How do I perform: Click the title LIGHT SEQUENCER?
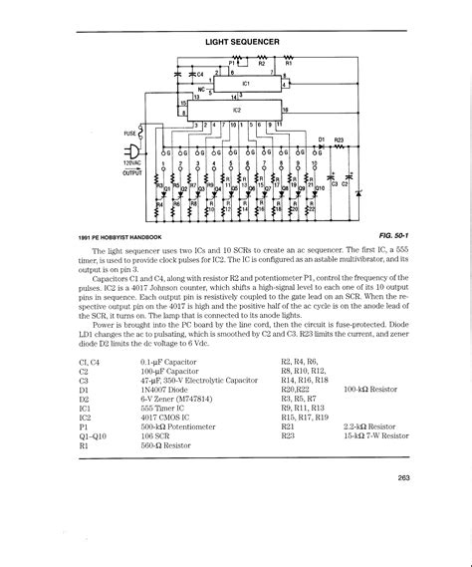[x=242, y=43]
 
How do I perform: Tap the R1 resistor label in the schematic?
[x=290, y=62]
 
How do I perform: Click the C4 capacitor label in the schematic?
[x=197, y=74]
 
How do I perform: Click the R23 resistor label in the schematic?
[x=339, y=139]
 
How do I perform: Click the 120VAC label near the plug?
[x=133, y=161]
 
